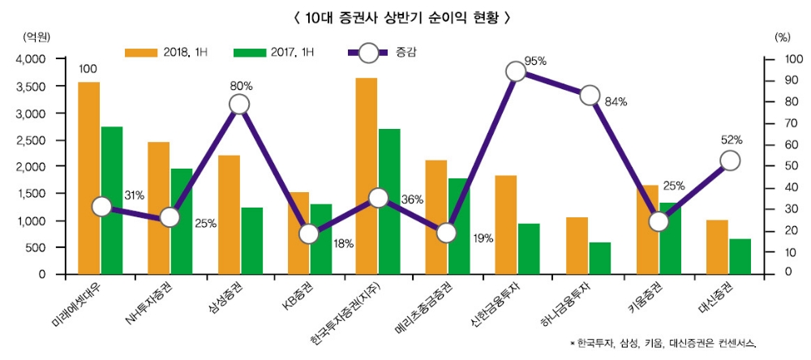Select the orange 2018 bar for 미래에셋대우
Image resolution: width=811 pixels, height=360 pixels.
[x=89, y=178]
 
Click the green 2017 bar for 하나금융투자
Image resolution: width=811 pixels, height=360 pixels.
[x=600, y=258]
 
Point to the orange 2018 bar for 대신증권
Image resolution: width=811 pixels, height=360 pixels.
[x=717, y=246]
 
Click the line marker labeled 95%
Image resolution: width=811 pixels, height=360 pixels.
[x=516, y=71]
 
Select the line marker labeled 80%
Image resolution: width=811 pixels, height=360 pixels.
[x=238, y=105]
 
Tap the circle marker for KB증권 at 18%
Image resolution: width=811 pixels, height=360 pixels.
[x=308, y=234]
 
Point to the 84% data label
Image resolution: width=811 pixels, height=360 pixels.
[x=616, y=102]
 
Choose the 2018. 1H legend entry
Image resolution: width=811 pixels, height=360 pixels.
[x=166, y=53]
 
